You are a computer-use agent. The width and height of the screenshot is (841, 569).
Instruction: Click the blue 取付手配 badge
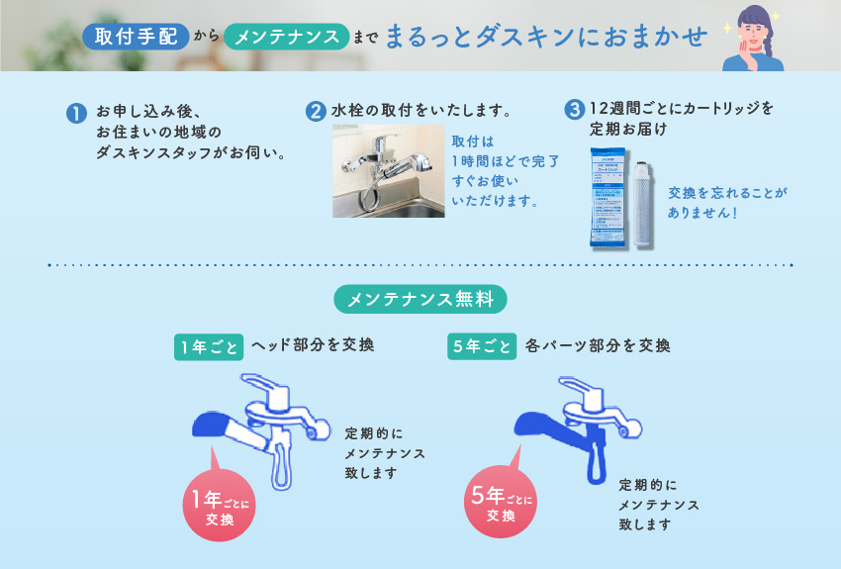click(x=137, y=37)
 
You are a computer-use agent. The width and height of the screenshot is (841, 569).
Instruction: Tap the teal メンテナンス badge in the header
click(x=287, y=37)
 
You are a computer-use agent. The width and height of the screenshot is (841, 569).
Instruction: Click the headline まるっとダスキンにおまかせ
click(x=546, y=37)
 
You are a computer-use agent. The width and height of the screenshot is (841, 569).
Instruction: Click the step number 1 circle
click(x=75, y=113)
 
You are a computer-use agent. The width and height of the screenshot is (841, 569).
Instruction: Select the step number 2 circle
click(x=316, y=111)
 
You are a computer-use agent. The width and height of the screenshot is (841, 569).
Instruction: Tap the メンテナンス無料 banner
click(x=420, y=298)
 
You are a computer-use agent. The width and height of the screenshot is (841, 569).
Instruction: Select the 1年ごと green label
click(x=208, y=347)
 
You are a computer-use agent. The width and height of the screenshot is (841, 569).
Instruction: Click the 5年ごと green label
click(x=481, y=347)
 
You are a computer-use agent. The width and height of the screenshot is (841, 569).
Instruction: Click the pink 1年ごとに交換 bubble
click(x=214, y=506)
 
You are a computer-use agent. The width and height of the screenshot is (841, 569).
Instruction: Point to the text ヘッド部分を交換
click(x=313, y=346)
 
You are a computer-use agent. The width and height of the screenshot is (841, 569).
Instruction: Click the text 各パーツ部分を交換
click(x=598, y=346)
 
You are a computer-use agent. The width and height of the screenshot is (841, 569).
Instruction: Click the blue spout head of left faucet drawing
click(x=210, y=425)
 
